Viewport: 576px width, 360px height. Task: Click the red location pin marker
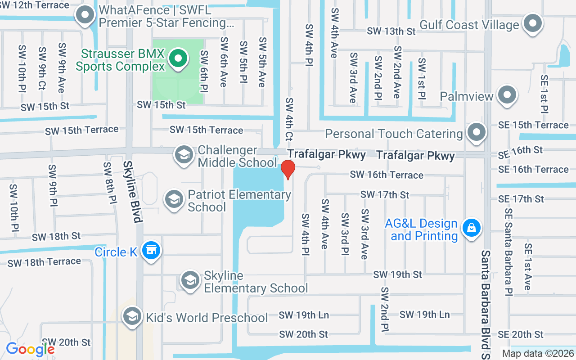pos(288,169)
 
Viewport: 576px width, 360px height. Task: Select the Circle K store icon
pos(151,251)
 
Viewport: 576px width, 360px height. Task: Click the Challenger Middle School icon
pos(184,155)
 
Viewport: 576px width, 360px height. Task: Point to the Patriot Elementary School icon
pos(174,200)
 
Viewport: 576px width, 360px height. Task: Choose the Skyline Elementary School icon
pos(190,280)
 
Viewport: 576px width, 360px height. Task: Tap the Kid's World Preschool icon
pos(132,316)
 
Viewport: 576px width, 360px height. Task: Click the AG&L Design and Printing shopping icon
pos(471,228)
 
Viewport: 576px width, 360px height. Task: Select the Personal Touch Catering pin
pos(477,133)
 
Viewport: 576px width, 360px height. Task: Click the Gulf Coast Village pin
pos(533,23)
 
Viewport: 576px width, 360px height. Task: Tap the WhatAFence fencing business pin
pos(85,16)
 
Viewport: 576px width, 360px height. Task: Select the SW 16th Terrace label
pos(387,175)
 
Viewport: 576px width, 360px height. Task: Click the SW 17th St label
pos(385,194)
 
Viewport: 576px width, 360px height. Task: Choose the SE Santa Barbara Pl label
pos(508,252)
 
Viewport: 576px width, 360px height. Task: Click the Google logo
pos(30,349)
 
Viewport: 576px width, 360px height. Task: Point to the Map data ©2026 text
pos(537,354)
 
